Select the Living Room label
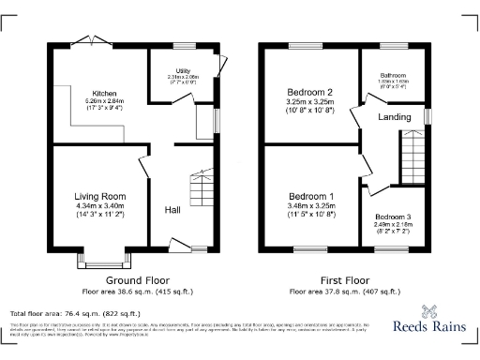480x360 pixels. tap(101, 196)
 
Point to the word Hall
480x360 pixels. tap(173, 209)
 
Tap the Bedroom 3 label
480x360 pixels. tap(393, 217)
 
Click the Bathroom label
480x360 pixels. tap(392, 74)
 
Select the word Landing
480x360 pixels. tap(395, 117)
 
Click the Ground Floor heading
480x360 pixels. tap(137, 281)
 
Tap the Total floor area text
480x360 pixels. tap(75, 313)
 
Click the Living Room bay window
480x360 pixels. tap(101, 257)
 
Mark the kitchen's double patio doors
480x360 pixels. tap(85, 40)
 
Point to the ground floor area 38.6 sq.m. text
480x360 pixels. tap(137, 292)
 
